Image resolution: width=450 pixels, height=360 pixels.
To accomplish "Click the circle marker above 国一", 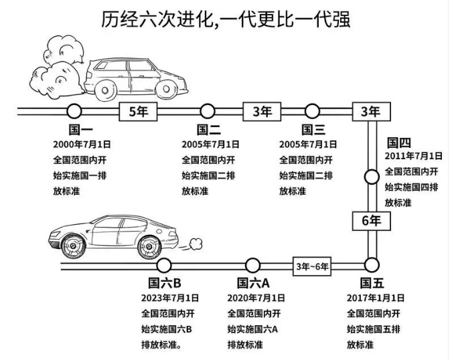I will (74, 111).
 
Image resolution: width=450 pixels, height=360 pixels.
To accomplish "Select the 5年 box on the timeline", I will (139, 112).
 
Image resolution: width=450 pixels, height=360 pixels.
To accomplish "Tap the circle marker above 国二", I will (208, 111).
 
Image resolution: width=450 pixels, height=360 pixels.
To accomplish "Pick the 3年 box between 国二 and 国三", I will (262, 112).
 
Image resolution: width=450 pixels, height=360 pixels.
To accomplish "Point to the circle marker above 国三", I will (312, 111).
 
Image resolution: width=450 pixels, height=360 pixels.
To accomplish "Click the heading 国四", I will (399, 142).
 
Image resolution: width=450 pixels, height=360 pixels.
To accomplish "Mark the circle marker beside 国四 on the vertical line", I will (371, 177).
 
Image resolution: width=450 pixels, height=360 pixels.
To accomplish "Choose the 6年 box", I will (371, 220).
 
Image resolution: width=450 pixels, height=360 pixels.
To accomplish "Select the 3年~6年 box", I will (313, 266).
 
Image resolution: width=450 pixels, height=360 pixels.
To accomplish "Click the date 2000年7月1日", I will (82, 144).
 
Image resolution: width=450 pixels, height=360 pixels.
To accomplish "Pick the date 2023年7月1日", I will (170, 298).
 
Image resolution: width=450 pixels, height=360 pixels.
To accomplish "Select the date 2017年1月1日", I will (376, 298).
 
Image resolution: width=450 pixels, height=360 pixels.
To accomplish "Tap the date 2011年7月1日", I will (413, 156).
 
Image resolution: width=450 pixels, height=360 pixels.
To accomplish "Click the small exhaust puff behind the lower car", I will (194, 241).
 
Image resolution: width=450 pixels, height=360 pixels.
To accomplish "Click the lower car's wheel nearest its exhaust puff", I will (150, 247).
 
